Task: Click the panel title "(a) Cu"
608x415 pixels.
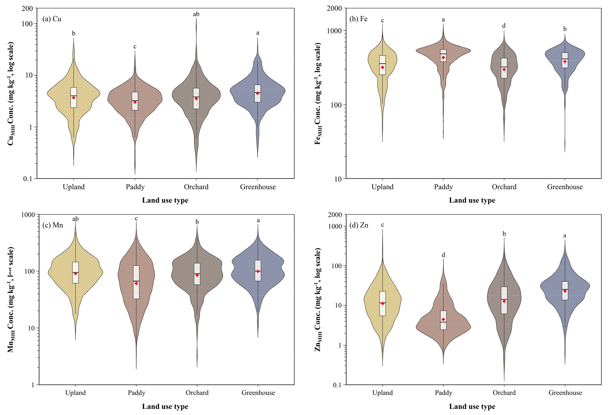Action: pos(52,19)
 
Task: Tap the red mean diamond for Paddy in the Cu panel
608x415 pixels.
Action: pos(135,102)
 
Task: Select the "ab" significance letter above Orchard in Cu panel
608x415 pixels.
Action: pos(196,14)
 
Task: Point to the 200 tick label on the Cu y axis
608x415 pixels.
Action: pos(27,9)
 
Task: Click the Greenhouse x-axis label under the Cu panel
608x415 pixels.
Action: pos(258,187)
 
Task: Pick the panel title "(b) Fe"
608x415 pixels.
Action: pos(358,19)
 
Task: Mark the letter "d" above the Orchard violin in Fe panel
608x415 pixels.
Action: pos(504,26)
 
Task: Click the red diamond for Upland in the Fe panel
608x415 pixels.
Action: pos(382,67)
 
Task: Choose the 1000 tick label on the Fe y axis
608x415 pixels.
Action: pos(334,31)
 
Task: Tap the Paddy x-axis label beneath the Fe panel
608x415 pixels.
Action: pos(443,187)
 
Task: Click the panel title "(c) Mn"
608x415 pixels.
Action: pos(53,225)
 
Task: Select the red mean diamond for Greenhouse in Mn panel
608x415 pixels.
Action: pos(258,271)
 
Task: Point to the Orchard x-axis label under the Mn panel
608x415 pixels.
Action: pos(197,393)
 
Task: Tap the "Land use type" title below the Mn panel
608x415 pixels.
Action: pos(165,406)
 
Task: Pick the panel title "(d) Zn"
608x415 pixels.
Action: pos(359,225)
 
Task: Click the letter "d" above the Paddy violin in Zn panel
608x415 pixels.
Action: pos(443,255)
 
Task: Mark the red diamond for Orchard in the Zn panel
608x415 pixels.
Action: pos(504,301)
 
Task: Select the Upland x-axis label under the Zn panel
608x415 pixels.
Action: pos(382,393)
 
